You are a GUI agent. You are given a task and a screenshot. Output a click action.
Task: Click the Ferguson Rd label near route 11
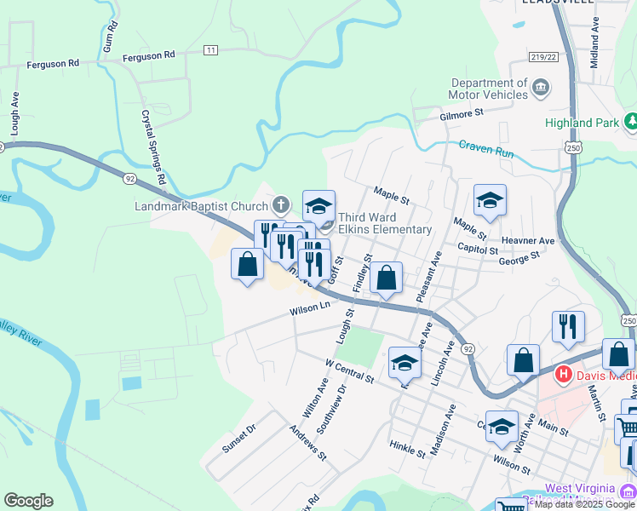pos(148,55)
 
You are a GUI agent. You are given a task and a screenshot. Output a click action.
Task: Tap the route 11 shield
pos(210,51)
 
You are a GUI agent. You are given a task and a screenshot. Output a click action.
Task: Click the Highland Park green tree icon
pos(631,123)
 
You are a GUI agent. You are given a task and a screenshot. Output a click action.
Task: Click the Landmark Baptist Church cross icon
pos(281,204)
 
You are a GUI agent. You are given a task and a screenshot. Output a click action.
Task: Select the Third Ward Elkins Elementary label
pos(385,223)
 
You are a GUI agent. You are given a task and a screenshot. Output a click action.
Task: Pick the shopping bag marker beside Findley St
pos(386,278)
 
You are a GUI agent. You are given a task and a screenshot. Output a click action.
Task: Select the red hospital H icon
pos(563,373)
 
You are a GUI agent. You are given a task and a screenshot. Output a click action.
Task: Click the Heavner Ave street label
pos(529,241)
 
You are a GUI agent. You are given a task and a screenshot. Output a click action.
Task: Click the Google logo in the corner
pos(28,501)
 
